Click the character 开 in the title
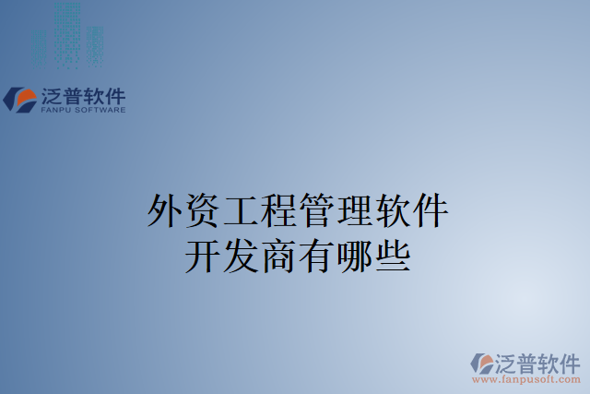pos(203,254)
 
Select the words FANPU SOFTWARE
pos(82,111)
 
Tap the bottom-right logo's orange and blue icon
pos(482,362)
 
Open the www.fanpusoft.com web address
pos(526,379)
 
